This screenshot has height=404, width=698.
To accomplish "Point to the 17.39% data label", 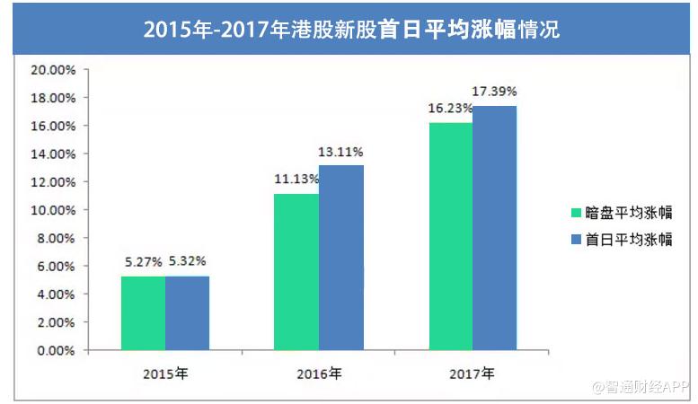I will [x=495, y=92].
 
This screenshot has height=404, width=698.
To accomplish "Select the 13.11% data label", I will [x=341, y=151].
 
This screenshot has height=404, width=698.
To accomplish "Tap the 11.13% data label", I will [x=296, y=179].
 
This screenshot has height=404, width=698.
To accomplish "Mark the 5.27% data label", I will [x=143, y=262].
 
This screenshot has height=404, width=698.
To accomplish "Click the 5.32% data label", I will [x=188, y=262].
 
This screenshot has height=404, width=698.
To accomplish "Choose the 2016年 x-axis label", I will [x=319, y=371].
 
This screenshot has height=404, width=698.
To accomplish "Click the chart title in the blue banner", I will [x=350, y=29].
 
